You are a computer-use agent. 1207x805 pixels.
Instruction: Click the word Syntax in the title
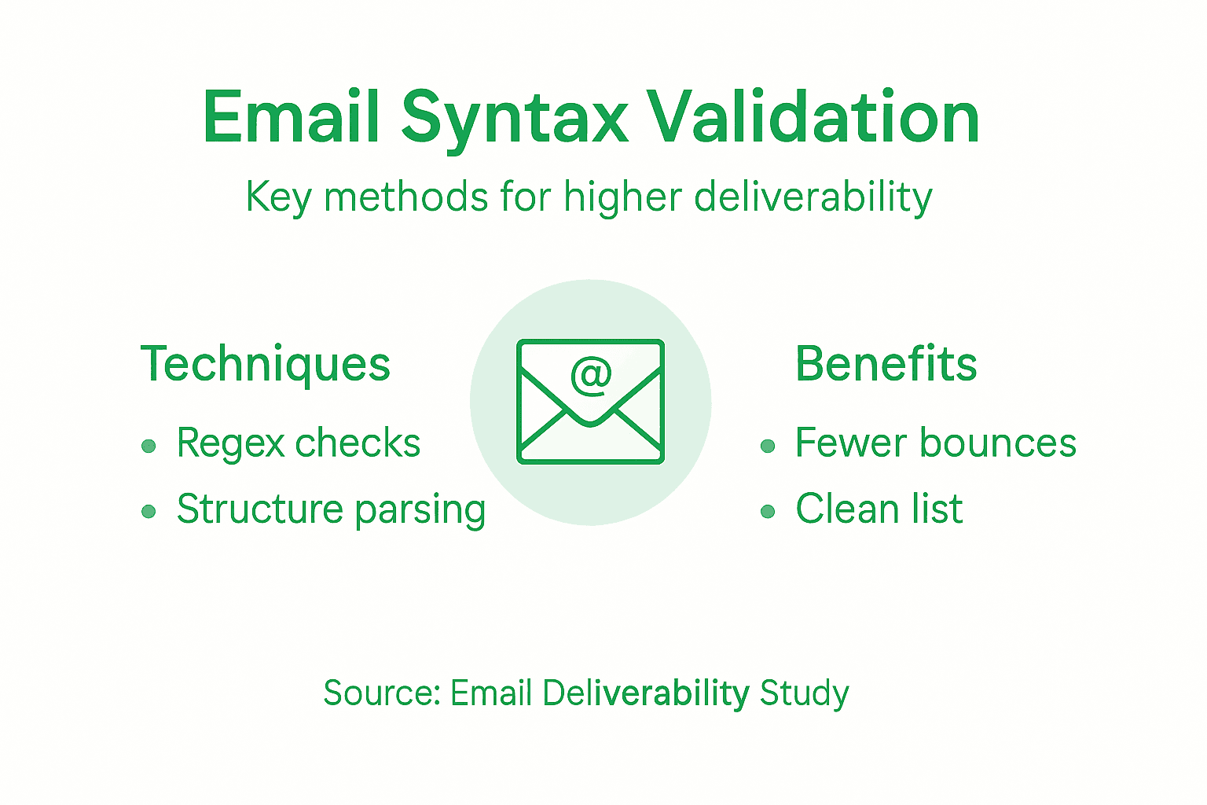[515, 118]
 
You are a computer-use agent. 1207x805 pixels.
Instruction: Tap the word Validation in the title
[813, 118]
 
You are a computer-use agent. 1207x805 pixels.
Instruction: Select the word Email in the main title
[292, 118]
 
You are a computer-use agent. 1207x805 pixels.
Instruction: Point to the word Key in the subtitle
[278, 197]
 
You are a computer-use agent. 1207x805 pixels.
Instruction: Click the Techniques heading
[266, 364]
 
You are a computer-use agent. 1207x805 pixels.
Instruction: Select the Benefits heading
[886, 364]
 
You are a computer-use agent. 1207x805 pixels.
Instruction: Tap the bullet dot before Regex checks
[149, 447]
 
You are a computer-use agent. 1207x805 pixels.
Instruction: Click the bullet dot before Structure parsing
[149, 512]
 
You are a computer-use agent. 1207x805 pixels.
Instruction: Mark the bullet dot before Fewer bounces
[768, 447]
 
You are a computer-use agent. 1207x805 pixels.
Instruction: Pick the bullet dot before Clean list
[768, 512]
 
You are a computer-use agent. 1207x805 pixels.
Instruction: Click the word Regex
[230, 444]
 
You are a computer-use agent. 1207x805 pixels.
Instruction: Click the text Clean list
[879, 509]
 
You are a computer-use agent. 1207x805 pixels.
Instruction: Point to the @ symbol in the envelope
[591, 376]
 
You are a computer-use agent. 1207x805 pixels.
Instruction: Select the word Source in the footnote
[382, 693]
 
